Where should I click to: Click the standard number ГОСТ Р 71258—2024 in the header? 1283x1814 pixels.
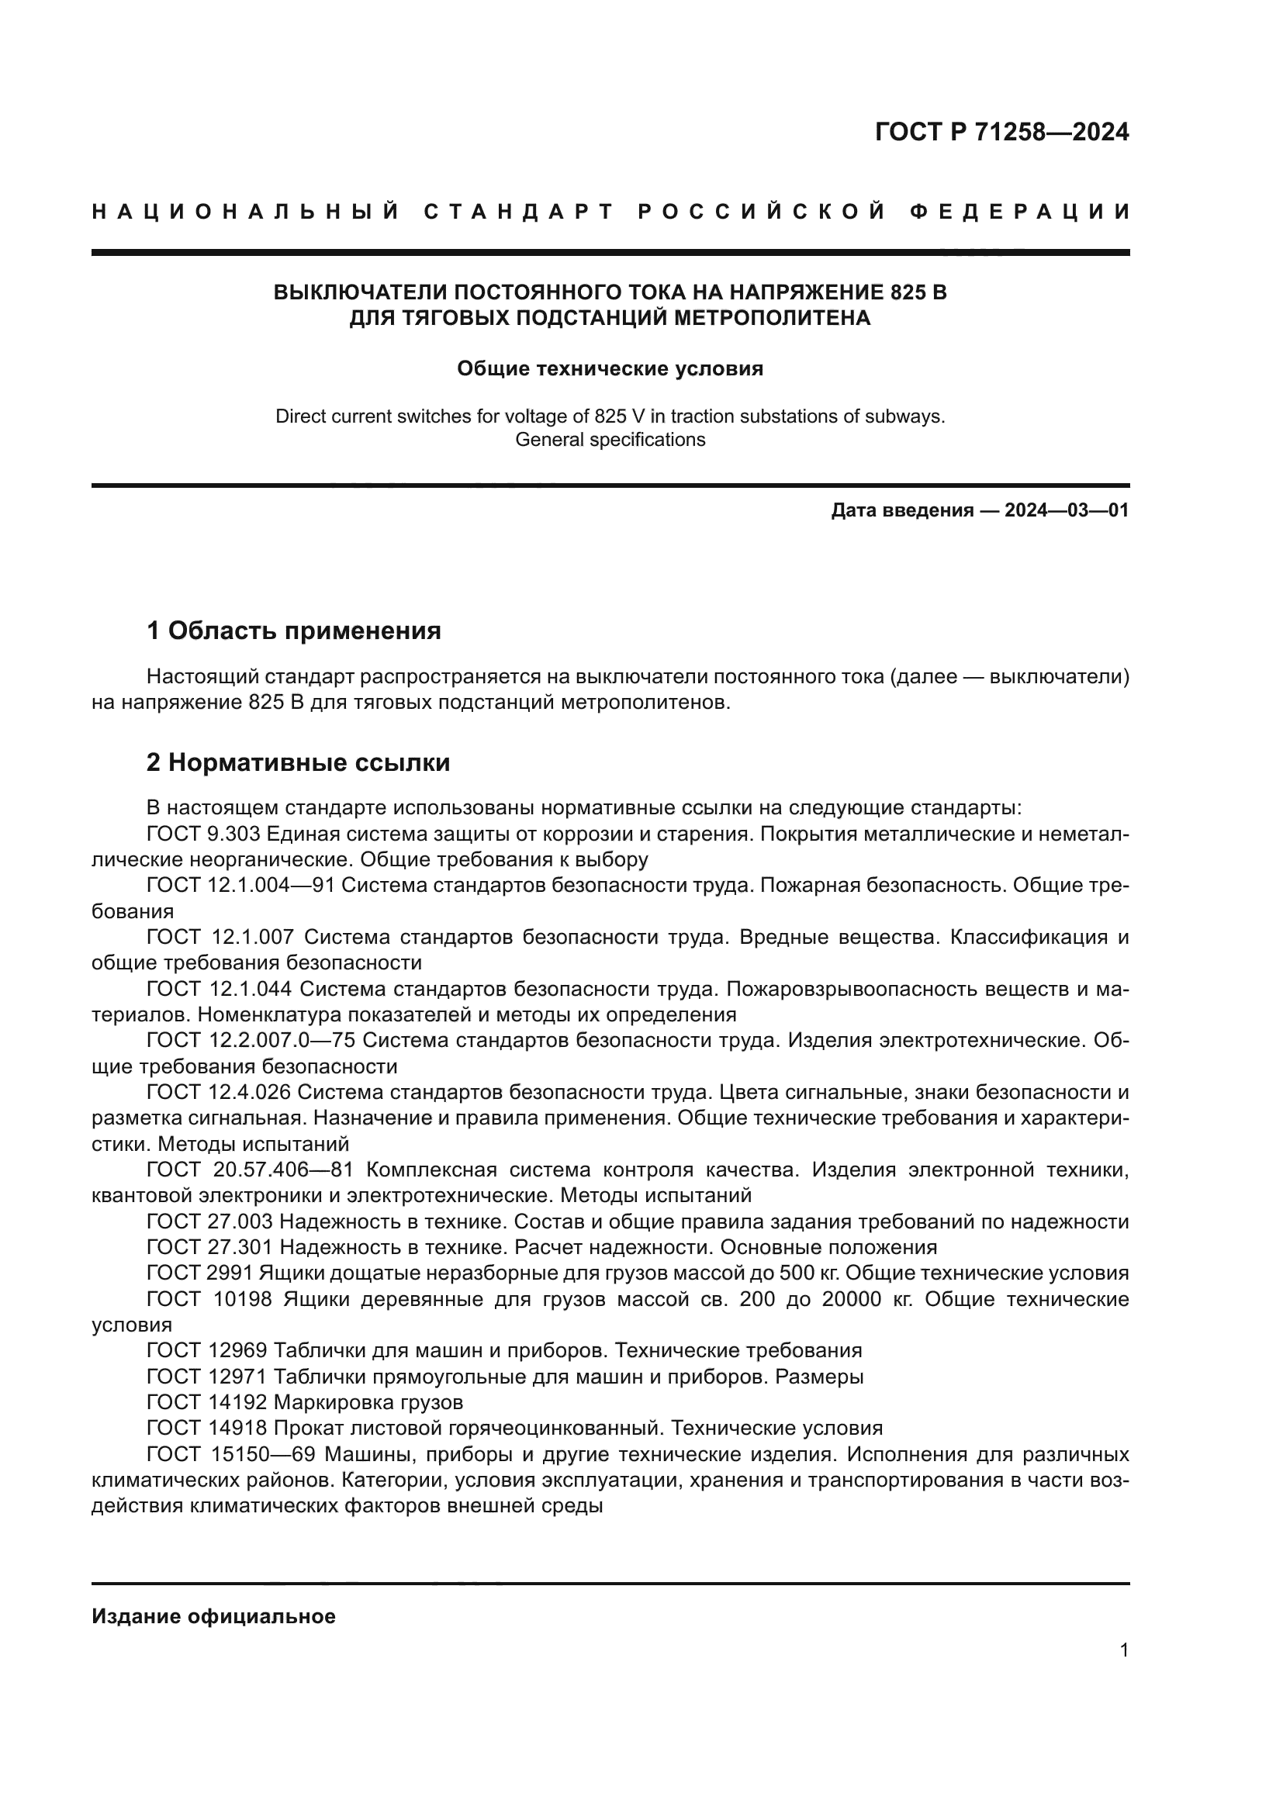[1001, 132]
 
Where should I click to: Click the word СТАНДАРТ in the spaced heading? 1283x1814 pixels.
[519, 212]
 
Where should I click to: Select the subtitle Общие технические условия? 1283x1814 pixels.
[610, 369]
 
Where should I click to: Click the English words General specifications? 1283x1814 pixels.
[610, 440]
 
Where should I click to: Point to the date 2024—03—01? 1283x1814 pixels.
[1067, 510]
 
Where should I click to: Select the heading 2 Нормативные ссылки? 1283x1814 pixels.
[299, 762]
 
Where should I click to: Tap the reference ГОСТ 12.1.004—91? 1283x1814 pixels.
[240, 886]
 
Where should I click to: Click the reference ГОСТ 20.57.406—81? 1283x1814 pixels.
[251, 1170]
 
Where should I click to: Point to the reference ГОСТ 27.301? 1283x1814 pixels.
[209, 1247]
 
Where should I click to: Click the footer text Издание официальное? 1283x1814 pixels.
[213, 1616]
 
